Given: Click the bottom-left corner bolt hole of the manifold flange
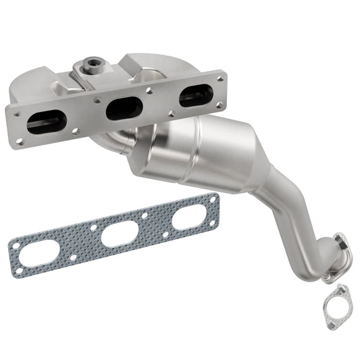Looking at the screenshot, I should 20,142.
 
